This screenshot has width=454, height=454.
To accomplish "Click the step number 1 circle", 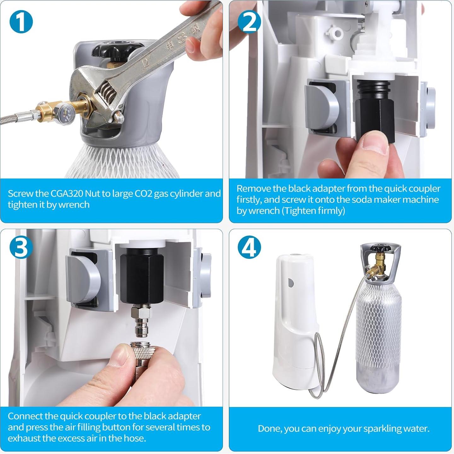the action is pos(21,22).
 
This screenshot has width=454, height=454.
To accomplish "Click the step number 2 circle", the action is pos(249,22).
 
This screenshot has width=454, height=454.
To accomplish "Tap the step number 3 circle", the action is pos(21,247).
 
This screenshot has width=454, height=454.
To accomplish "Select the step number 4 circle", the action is pos(249,247).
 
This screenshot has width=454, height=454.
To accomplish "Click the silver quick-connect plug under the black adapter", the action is pos(141,321).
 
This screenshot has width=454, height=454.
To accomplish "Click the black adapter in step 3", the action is pos(142,275).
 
